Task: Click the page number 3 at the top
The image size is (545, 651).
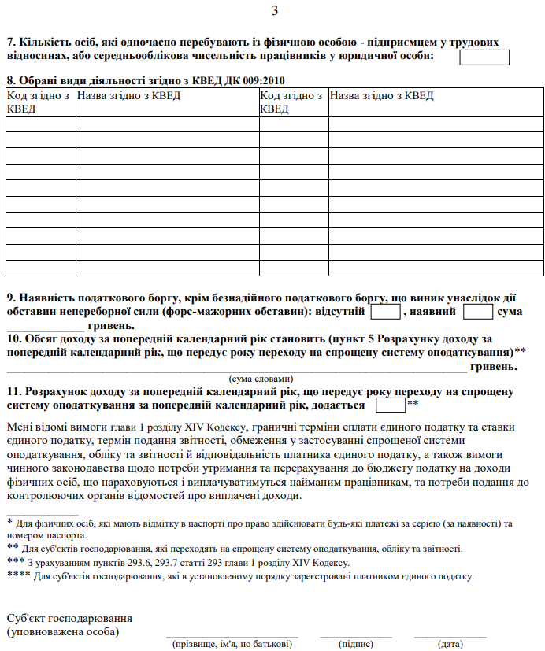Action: (274, 10)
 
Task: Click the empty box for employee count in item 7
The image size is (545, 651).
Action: (484, 57)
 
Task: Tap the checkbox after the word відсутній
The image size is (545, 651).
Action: (385, 312)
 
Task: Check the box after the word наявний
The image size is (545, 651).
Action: (478, 312)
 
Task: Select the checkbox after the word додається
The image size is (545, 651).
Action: (391, 405)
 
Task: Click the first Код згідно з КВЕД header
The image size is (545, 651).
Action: (39, 102)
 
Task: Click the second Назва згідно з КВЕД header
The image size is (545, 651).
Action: (381, 96)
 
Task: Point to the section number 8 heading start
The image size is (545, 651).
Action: (9, 80)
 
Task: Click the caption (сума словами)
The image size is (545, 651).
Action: (261, 379)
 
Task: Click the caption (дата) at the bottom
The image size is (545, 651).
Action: (450, 644)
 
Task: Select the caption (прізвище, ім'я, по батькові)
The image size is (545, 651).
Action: (232, 644)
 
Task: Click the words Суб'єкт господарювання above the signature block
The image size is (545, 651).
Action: (69, 618)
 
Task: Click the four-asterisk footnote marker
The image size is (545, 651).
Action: (18, 576)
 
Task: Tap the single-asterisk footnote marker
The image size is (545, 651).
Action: (9, 523)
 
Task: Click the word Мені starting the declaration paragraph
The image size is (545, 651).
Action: (20, 427)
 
